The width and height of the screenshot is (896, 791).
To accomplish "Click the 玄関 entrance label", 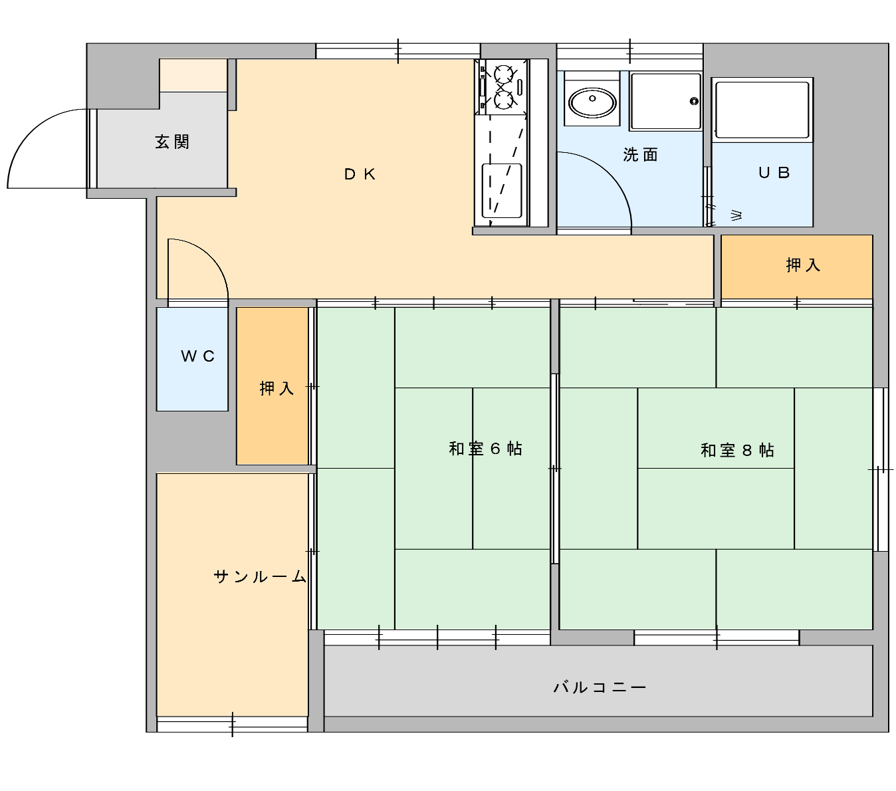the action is pyautogui.click(x=172, y=142).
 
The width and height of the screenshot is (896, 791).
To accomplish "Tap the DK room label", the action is pyautogui.click(x=360, y=174).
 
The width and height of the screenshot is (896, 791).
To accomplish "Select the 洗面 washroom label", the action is pyautogui.click(x=640, y=155).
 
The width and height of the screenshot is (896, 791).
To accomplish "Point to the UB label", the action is pyautogui.click(x=774, y=173).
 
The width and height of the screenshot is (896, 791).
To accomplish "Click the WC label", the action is pyautogui.click(x=197, y=356).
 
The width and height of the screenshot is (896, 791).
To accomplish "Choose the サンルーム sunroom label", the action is pyautogui.click(x=260, y=576).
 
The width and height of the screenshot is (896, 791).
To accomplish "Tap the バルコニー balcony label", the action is pyautogui.click(x=600, y=687).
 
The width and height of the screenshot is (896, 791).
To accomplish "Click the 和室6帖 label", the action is pyautogui.click(x=486, y=449).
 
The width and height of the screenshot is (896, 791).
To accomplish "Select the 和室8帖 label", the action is pyautogui.click(x=737, y=451).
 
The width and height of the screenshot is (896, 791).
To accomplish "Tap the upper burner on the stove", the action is pyautogui.click(x=504, y=74).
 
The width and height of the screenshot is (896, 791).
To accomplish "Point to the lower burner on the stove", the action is pyautogui.click(x=504, y=100).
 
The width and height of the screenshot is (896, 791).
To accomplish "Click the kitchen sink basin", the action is pyautogui.click(x=502, y=191).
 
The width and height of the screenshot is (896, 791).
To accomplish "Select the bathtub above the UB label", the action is pyautogui.click(x=762, y=110).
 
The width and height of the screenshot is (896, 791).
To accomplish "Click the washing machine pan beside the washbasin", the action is pyautogui.click(x=665, y=101).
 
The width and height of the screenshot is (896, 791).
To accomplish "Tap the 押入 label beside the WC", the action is pyautogui.click(x=277, y=388).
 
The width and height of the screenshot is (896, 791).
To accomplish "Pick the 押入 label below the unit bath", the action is pyautogui.click(x=803, y=265).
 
